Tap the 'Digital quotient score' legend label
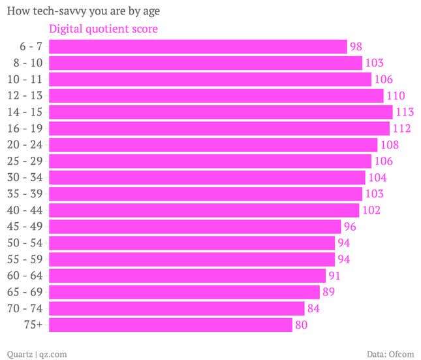[x=104, y=29]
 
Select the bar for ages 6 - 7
[x=198, y=46]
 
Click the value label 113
[x=405, y=112]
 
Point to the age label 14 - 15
[x=26, y=112]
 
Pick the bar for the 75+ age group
[x=170, y=325]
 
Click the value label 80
[x=301, y=325]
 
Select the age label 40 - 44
[x=26, y=210]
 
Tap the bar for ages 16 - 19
[x=219, y=128]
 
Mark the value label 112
[x=402, y=128]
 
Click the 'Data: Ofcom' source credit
[x=390, y=353]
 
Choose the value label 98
[x=356, y=46]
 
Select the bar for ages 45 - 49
[x=195, y=227]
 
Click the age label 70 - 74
[x=26, y=308]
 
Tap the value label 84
[x=313, y=308]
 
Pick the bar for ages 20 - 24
[x=213, y=144]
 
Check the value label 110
[x=396, y=95]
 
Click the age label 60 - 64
[x=26, y=276]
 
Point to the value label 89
[x=328, y=292]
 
